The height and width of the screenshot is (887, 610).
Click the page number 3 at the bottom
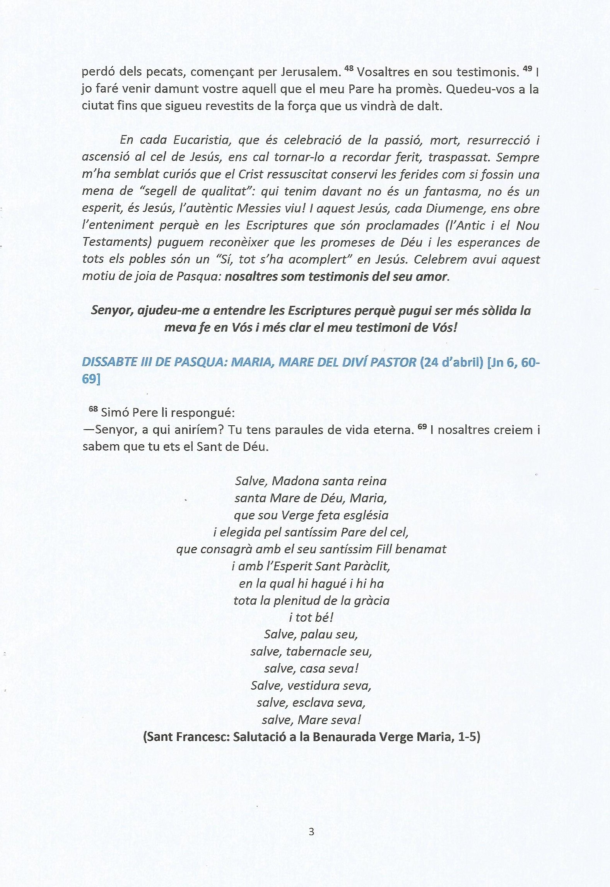pyautogui.click(x=311, y=831)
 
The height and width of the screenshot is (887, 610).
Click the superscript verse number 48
pyautogui.click(x=349, y=68)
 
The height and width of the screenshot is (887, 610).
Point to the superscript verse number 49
pyautogui.click(x=527, y=68)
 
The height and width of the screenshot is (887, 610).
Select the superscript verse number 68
pyautogui.click(x=93, y=409)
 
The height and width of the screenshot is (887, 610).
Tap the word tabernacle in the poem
pyautogui.click(x=316, y=652)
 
